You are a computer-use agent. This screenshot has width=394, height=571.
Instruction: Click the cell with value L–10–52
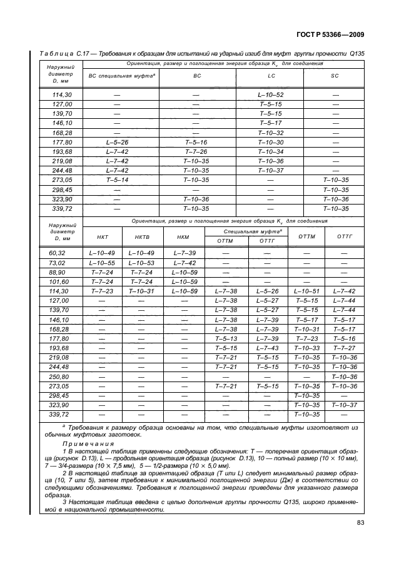271,94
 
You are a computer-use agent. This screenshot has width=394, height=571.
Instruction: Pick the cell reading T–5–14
118,179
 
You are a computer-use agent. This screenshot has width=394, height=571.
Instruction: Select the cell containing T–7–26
196,151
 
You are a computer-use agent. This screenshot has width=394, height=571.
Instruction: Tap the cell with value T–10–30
271,142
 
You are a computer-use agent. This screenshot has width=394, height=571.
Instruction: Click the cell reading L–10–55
103,263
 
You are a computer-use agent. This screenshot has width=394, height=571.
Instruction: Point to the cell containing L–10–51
306,291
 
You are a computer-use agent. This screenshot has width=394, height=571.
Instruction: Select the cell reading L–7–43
268,347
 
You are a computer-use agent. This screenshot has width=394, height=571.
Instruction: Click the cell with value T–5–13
226,338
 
